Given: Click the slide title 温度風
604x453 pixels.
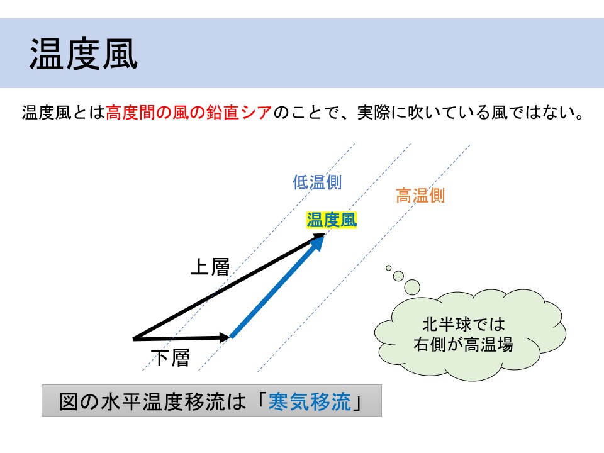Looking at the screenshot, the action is tap(84, 54).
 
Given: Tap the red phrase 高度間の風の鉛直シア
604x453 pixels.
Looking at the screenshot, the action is tap(189, 113).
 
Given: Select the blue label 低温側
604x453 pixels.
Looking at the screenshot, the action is tap(316, 182).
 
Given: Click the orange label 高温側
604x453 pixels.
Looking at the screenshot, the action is tap(420, 196).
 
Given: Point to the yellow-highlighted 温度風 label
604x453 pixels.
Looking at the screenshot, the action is tap(332, 220).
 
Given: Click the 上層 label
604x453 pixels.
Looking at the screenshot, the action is tap(210, 267).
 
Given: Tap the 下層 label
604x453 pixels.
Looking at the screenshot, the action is tap(171, 357).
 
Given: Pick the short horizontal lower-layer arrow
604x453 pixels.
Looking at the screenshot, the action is tap(181, 338).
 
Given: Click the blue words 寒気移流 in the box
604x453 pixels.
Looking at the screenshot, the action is tap(310, 401).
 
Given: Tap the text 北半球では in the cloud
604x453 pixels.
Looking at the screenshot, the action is tap(464, 325).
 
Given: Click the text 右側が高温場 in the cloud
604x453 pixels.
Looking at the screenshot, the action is tap(464, 344).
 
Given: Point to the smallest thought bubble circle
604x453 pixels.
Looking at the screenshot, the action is tap(389, 268).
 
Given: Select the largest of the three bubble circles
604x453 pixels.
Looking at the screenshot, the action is tap(411, 288).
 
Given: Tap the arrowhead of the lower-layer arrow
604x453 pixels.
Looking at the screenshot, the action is tap(225, 338).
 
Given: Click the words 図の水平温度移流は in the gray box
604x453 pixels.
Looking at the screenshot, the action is tap(152, 401).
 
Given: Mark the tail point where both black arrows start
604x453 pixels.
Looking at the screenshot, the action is tap(133, 339).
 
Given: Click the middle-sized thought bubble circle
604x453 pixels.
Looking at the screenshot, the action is tap(398, 276).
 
